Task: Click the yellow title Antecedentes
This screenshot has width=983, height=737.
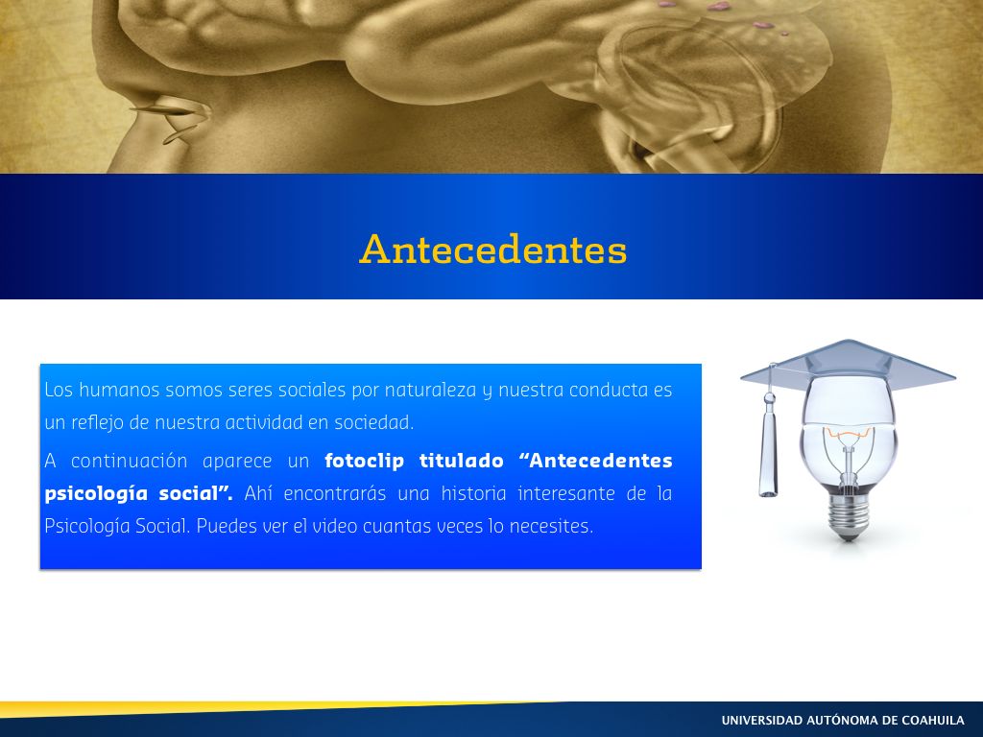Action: point(492,249)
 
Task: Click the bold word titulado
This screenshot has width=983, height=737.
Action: point(462,461)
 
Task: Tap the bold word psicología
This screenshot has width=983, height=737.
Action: point(96,494)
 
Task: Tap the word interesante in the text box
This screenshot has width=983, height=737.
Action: point(566,493)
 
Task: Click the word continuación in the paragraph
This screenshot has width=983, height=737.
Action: point(130,461)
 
